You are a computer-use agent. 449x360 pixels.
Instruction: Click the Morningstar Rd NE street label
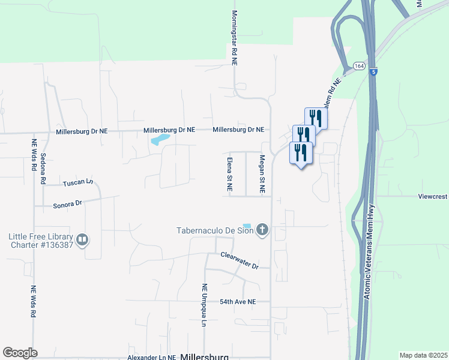(235, 34)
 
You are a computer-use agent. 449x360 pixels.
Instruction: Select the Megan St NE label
(262, 174)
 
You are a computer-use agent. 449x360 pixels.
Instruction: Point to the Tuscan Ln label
(78, 182)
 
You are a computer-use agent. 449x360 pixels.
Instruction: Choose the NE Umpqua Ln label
(204, 305)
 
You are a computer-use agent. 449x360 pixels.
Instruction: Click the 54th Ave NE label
(238, 301)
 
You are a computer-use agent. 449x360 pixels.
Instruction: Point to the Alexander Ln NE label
(152, 357)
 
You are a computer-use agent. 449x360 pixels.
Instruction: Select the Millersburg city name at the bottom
(204, 356)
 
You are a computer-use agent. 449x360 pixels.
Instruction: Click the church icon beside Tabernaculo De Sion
(262, 230)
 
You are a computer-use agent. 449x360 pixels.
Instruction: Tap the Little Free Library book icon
(83, 241)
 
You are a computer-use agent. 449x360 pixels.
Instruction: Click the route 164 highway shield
(359, 65)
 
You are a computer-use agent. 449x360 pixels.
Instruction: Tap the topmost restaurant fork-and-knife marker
(316, 118)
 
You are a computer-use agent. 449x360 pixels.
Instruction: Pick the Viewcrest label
(433, 196)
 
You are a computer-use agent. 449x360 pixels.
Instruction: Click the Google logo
(20, 353)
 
